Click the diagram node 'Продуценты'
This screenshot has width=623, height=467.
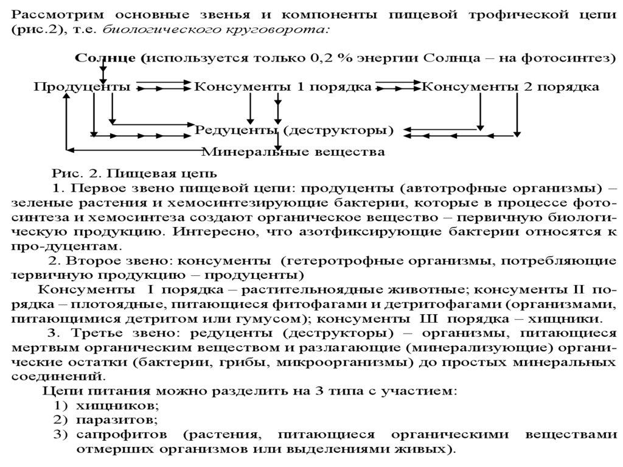82,87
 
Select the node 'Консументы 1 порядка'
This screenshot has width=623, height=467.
282,87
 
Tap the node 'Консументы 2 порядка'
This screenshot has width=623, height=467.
510,87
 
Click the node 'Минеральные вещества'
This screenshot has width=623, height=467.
293,150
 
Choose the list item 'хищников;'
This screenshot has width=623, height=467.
117,406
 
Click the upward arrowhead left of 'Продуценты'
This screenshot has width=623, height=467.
66,96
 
